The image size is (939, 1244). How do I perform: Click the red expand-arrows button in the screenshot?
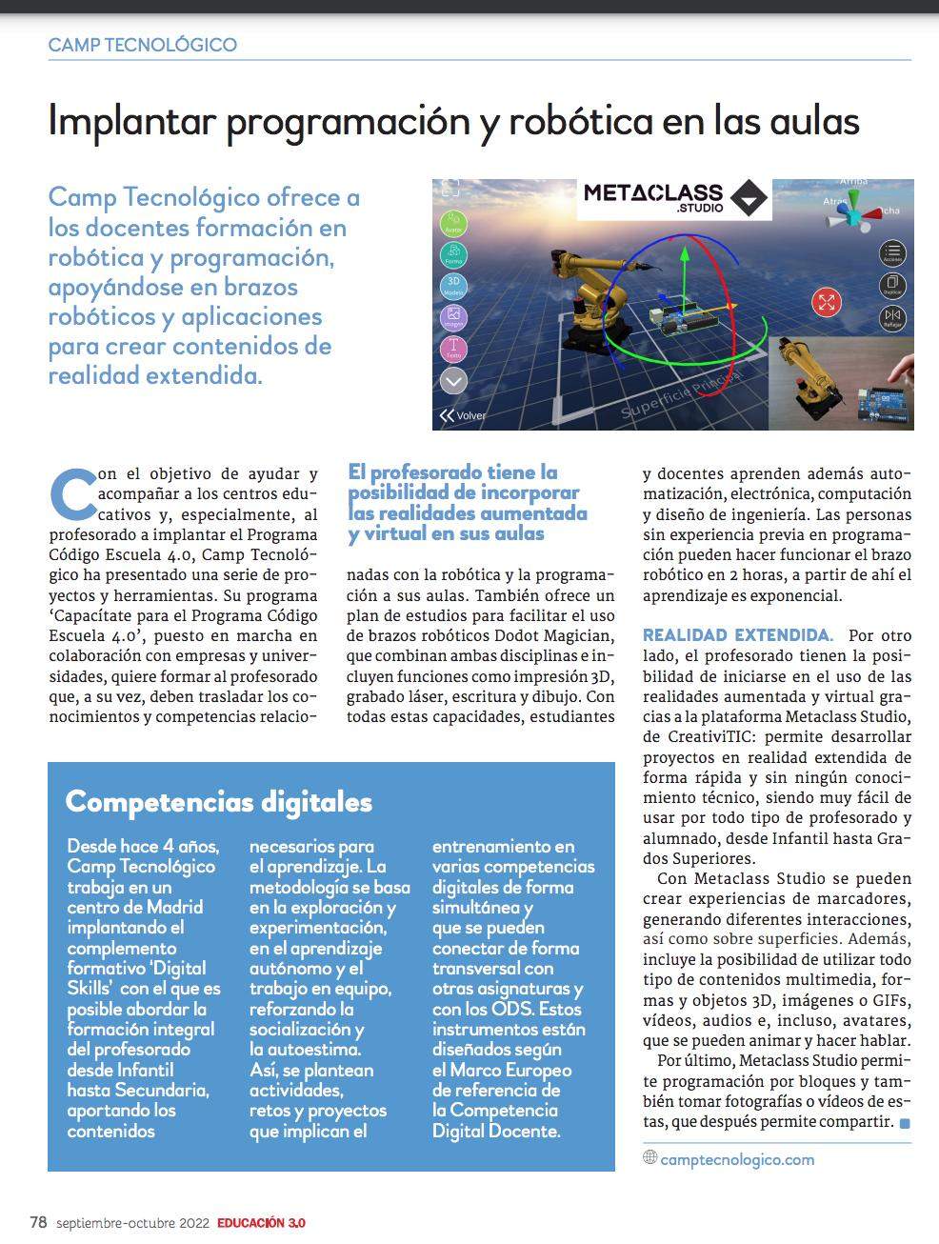pyautogui.click(x=826, y=303)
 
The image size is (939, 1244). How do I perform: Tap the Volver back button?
pyautogui.click(x=462, y=415)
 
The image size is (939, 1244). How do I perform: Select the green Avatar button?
pyautogui.click(x=453, y=223)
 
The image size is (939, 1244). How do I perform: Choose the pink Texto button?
pyautogui.click(x=453, y=349)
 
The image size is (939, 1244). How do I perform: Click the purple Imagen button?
pyautogui.click(x=453, y=317)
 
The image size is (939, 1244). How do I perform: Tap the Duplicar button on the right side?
pyautogui.click(x=892, y=284)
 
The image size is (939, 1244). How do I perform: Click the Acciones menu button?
pyautogui.click(x=892, y=253)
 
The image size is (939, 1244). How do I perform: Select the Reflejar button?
pyautogui.click(x=892, y=316)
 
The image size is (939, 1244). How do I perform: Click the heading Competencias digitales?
pyautogui.click(x=218, y=801)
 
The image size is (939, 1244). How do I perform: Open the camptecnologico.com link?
pyautogui.click(x=737, y=1159)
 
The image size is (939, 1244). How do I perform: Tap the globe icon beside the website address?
pyautogui.click(x=650, y=1157)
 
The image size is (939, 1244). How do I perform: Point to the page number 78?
pyautogui.click(x=38, y=1222)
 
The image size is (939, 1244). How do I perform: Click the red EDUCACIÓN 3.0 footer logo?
pyautogui.click(x=261, y=1223)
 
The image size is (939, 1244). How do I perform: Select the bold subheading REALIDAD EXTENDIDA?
pyautogui.click(x=737, y=635)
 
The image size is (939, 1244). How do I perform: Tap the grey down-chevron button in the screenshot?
pyautogui.click(x=453, y=381)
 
